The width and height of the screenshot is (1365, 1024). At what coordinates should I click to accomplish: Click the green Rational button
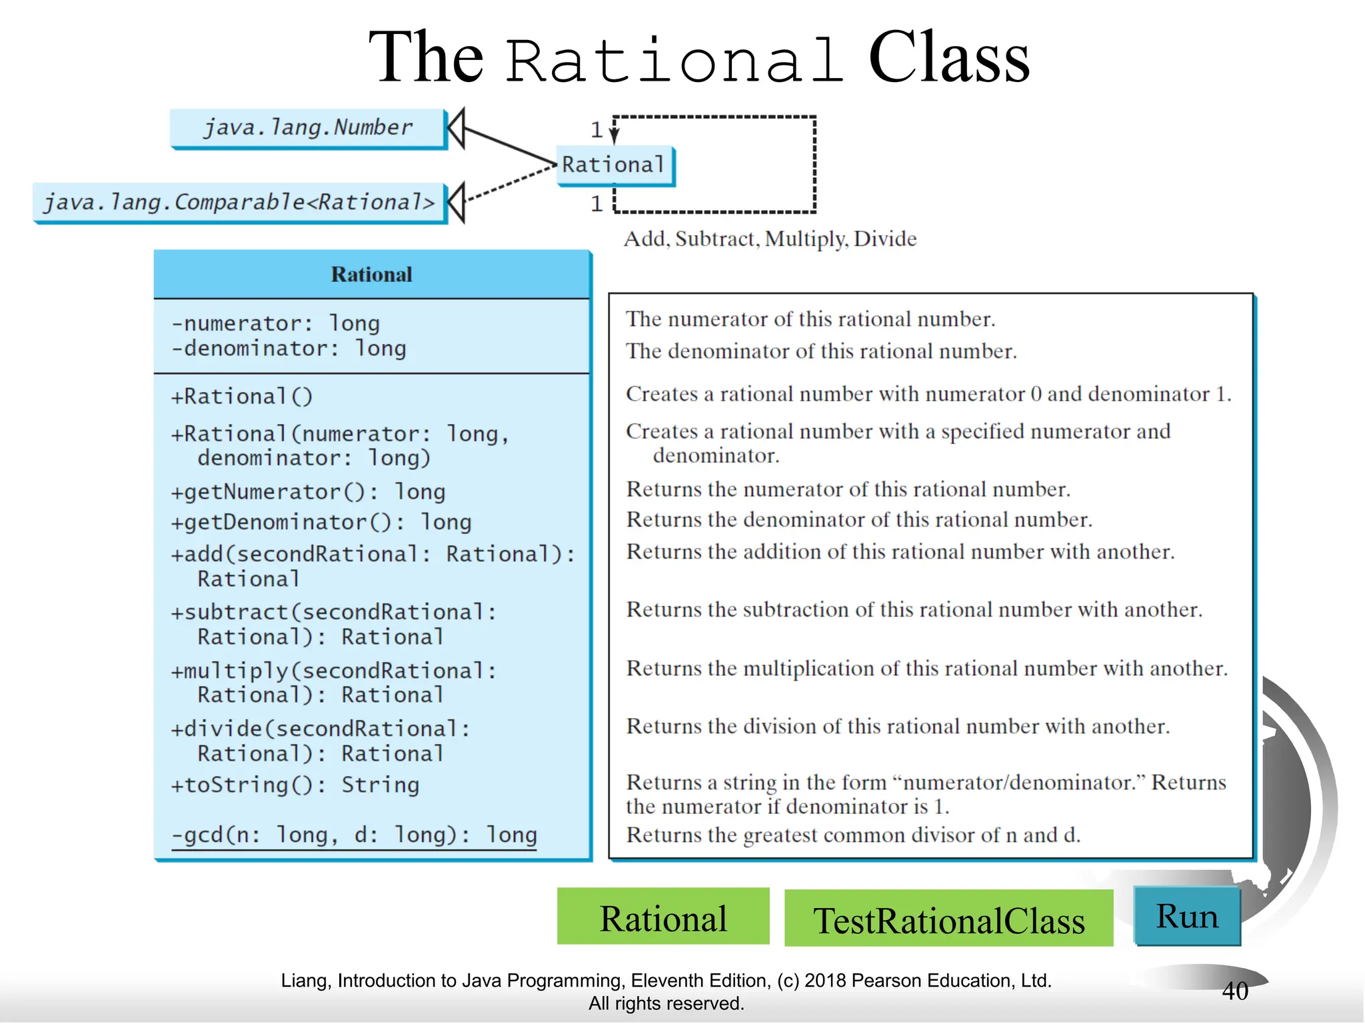pos(663,917)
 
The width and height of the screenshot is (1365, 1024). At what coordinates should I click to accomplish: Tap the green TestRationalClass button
pos(948,919)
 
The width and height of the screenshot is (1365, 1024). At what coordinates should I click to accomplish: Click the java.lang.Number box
pos(307,127)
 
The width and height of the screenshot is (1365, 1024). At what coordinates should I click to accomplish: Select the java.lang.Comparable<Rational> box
pos(239,202)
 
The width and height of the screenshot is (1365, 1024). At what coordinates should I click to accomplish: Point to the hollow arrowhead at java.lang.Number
pos(456,128)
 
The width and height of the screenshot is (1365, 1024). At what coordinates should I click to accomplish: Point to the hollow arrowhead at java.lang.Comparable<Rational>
pos(456,202)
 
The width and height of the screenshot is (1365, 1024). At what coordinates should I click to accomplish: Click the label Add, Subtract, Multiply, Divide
pos(770,239)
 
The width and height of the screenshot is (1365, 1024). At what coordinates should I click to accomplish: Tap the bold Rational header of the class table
pos(371,275)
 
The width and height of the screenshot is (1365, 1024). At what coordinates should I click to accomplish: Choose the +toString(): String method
pos(295,785)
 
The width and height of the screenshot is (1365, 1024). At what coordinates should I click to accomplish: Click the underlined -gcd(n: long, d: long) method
pos(354,835)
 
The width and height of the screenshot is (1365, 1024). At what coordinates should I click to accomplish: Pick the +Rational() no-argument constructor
pos(242,397)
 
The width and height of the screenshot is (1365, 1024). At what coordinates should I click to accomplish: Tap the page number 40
pos(1234,991)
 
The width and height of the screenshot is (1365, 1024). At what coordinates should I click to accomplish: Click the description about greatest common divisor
pos(852,835)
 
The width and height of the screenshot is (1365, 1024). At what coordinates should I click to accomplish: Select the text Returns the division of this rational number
pos(897,726)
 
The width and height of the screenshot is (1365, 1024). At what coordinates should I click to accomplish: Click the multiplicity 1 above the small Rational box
pos(597,129)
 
